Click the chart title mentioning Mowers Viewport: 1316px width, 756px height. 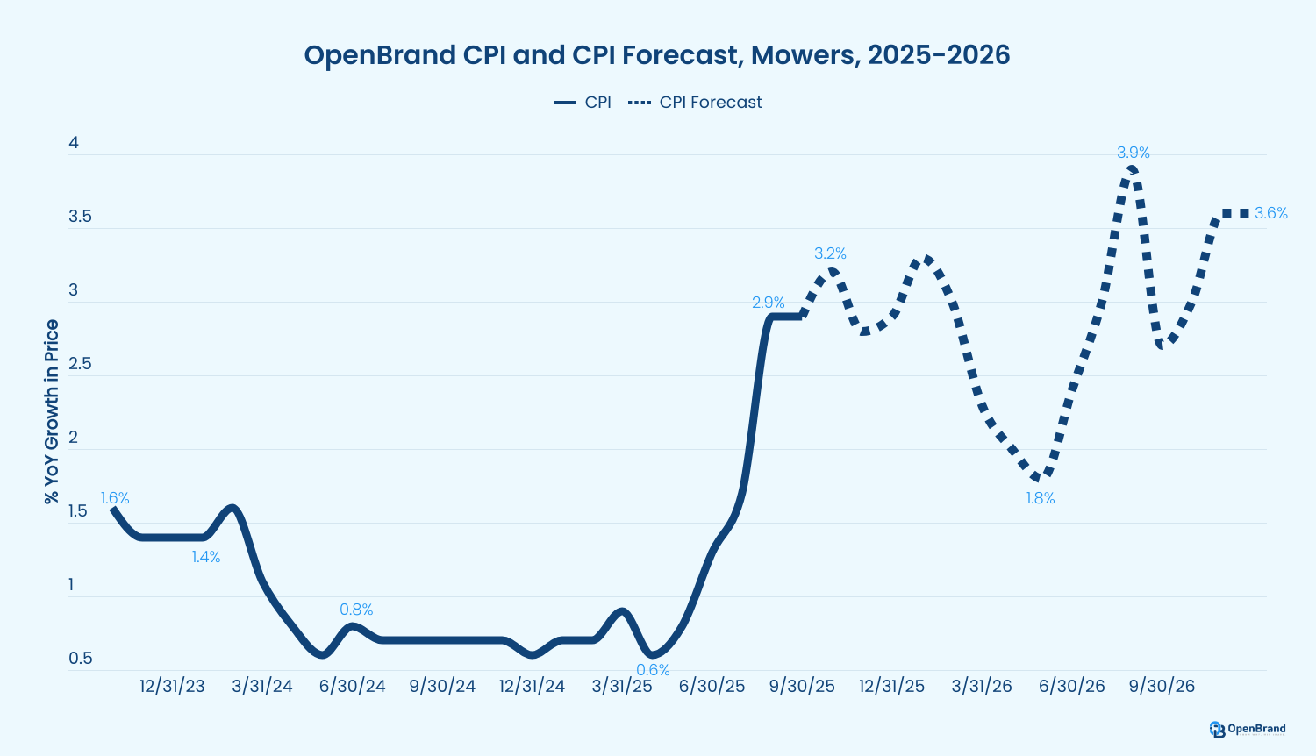(x=656, y=55)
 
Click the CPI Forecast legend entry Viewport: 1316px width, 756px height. (x=696, y=103)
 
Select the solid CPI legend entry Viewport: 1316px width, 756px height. (x=583, y=103)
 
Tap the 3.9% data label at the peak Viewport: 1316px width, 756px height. (x=1133, y=153)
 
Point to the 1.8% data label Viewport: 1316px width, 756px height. (x=1041, y=499)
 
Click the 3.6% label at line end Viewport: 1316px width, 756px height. (x=1270, y=213)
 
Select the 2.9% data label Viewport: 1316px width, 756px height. (x=769, y=303)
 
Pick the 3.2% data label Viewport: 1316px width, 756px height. (x=830, y=254)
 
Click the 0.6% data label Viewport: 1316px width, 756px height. (x=653, y=670)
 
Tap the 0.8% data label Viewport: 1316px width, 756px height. (x=356, y=610)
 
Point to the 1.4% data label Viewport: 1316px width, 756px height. (x=206, y=557)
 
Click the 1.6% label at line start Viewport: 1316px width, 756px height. (x=115, y=499)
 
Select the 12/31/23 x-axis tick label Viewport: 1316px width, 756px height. (x=172, y=687)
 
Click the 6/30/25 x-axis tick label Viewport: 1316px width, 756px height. (x=712, y=687)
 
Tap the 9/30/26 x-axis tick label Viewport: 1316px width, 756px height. (x=1162, y=687)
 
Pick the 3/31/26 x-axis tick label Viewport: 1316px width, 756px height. (x=982, y=687)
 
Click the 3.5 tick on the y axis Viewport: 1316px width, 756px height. (x=80, y=217)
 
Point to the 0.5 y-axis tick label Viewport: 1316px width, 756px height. (x=80, y=659)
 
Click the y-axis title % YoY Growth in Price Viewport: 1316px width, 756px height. (x=52, y=412)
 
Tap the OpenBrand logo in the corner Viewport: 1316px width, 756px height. (x=1247, y=729)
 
